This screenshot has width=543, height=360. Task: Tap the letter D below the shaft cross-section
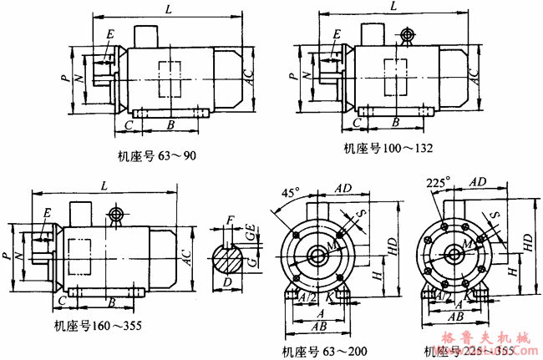227,282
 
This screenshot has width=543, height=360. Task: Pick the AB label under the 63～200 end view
318,328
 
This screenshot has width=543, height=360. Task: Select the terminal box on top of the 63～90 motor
146,36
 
